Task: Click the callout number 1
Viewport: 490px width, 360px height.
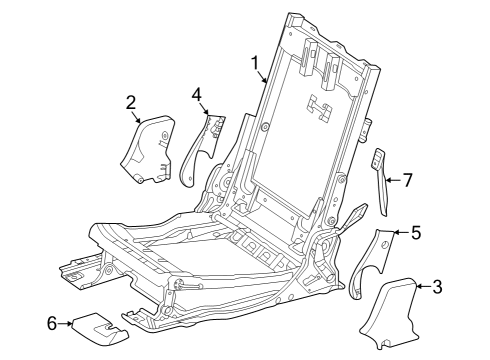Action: coord(255,63)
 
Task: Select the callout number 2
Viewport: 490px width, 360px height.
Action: coord(131,103)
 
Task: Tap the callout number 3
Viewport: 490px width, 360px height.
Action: coord(437,287)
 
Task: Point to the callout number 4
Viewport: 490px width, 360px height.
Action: coord(197,95)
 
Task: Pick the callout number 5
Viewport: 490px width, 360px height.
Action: coord(416,232)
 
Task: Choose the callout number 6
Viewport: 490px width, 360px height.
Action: coord(52,323)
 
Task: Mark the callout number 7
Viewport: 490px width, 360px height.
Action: coord(408,180)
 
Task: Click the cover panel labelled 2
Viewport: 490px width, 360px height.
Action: coord(148,150)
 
